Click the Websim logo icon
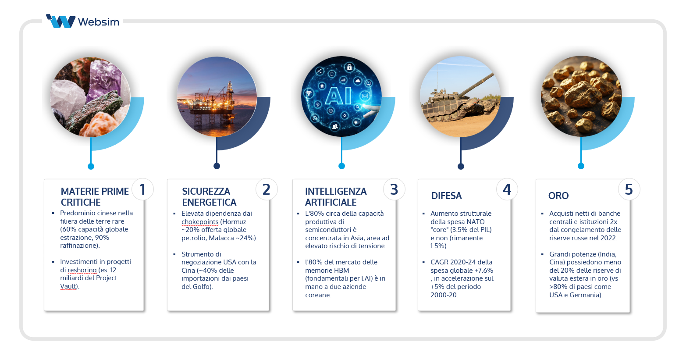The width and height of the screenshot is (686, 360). click(x=60, y=21)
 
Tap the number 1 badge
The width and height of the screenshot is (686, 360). click(x=142, y=189)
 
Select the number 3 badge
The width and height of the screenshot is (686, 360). click(x=394, y=189)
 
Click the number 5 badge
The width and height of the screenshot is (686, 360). click(x=629, y=189)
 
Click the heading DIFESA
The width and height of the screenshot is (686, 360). click(x=446, y=196)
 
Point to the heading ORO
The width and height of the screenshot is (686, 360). click(x=558, y=196)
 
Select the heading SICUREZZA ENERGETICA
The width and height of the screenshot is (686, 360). click(x=209, y=196)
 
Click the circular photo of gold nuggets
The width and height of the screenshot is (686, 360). click(x=581, y=96)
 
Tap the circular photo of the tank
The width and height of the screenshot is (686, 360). click(x=460, y=96)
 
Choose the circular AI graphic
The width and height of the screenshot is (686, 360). click(x=341, y=96)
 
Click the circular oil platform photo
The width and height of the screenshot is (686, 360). click(x=217, y=96)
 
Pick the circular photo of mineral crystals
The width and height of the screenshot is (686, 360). click(x=91, y=96)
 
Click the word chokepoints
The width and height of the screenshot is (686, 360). click(x=200, y=222)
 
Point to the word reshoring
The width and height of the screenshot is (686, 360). click(x=82, y=270)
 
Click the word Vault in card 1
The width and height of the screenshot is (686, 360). click(x=68, y=286)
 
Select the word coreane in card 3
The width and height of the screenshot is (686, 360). click(x=318, y=295)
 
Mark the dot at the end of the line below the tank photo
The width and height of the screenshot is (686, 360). click(x=461, y=166)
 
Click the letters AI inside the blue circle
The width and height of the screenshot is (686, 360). click(x=338, y=96)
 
